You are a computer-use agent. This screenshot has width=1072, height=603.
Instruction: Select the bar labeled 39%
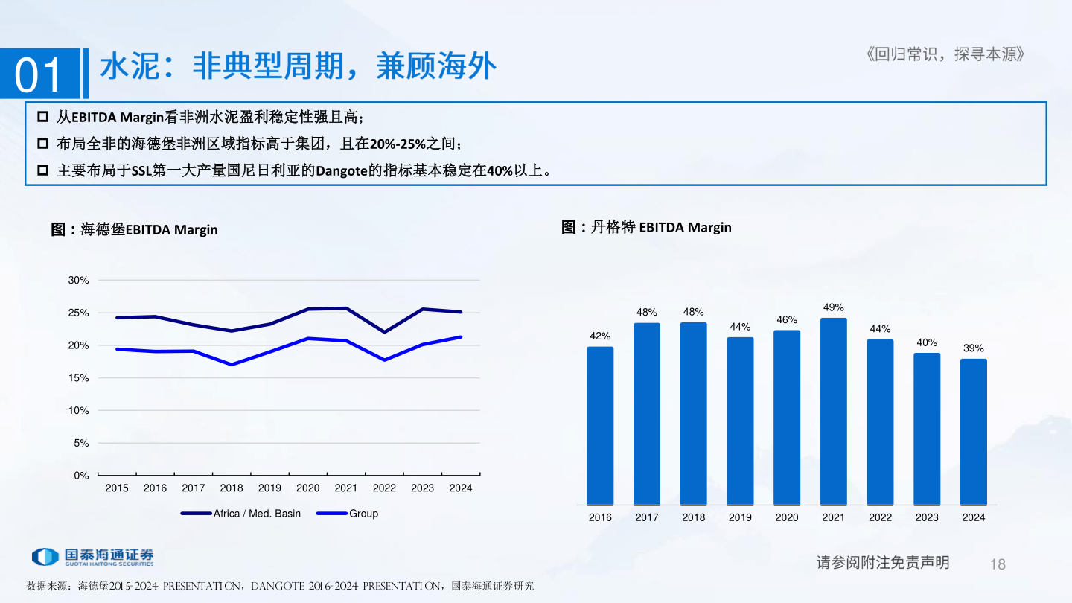coord(973,432)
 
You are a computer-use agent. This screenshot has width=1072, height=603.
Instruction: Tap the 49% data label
coord(833,307)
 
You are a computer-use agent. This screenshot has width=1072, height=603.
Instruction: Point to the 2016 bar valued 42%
coord(600,425)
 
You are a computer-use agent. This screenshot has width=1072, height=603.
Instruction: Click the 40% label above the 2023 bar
coord(927,342)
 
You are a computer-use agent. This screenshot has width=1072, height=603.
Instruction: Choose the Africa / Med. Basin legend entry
coord(241,514)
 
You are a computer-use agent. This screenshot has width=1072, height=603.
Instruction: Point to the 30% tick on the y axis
coord(78,281)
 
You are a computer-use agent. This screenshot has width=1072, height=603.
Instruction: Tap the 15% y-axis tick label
coord(78,378)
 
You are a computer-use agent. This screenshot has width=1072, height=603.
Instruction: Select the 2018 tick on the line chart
coord(232,488)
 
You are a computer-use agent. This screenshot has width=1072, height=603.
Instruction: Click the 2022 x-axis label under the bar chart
coord(880,517)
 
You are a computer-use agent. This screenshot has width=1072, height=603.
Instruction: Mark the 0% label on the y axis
coord(81,476)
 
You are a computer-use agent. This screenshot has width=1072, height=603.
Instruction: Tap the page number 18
coord(998,564)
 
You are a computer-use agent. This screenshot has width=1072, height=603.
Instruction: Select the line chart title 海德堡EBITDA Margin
coord(135,229)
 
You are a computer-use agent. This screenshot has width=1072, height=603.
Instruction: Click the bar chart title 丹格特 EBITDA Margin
coord(646,227)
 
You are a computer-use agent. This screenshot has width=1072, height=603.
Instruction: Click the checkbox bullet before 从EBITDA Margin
coord(42,117)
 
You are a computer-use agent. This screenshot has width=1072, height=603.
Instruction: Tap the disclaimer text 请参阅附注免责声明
coord(883,563)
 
